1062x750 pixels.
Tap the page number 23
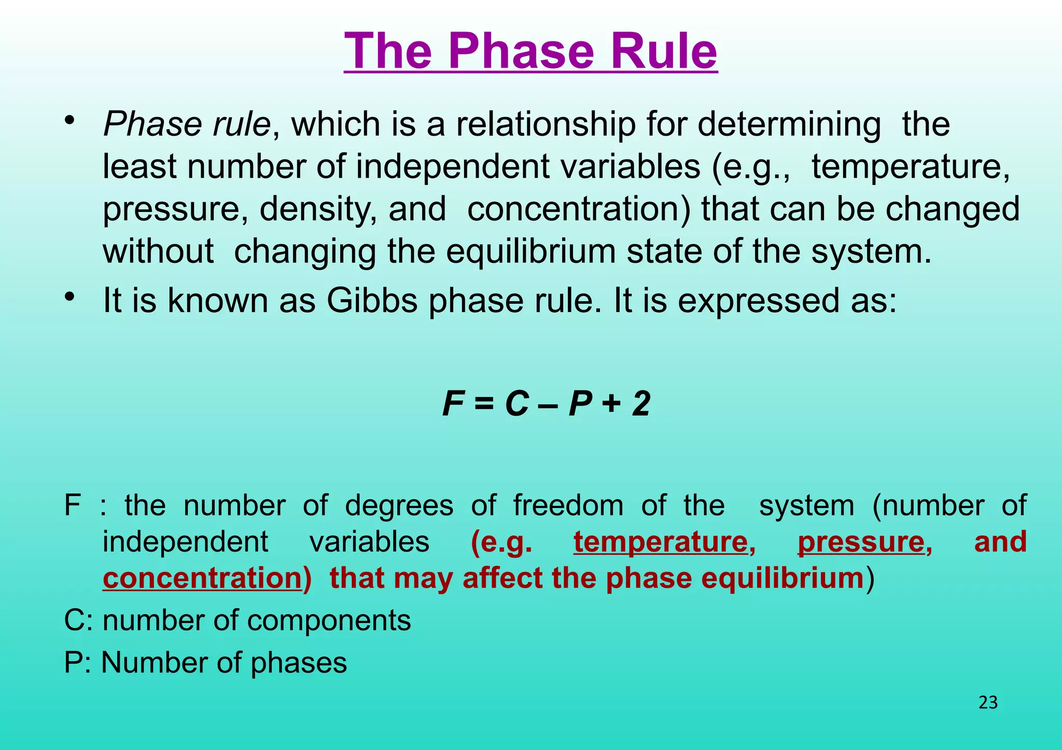tap(988, 702)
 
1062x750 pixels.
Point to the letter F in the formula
tap(453, 404)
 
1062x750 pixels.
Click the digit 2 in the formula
tap(641, 404)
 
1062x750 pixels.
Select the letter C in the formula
tap(516, 404)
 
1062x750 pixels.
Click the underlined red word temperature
tap(664, 542)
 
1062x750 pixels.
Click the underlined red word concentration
tap(202, 578)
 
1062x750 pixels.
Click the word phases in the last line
tap(299, 663)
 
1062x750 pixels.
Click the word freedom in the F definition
tap(568, 505)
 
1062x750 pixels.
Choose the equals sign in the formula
tap(484, 404)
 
